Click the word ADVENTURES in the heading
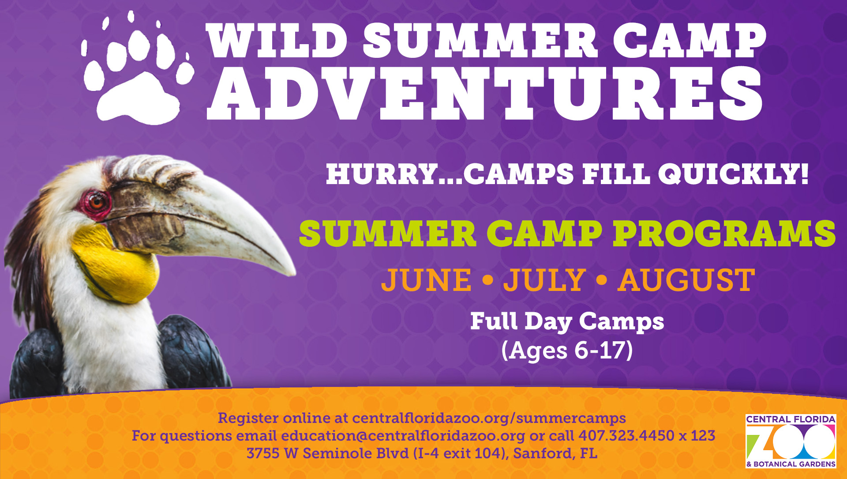pos(484,94)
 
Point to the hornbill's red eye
pos(96,203)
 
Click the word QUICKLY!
pos(734,174)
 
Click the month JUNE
pos(426,280)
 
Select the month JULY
pos(544,280)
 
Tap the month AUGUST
pos(686,280)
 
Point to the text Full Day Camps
pos(567,321)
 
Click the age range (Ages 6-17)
pos(567,351)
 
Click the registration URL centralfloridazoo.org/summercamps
pos(489,418)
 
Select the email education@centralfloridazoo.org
pos(403,436)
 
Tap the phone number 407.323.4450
pos(626,436)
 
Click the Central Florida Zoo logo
pos(791,441)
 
